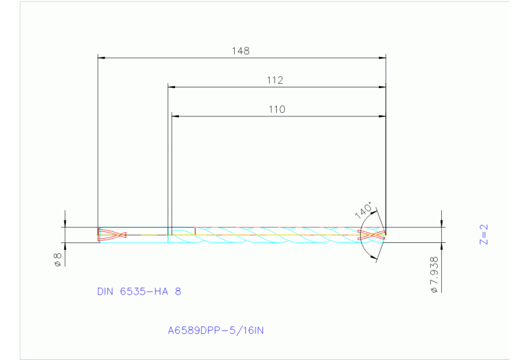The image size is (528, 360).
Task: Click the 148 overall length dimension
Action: [x=240, y=51]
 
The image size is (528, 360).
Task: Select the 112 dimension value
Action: [x=275, y=81]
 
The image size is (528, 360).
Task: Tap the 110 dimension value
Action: [x=277, y=109]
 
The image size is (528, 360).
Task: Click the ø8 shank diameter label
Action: [x=59, y=261]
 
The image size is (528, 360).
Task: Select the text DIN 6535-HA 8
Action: [x=139, y=291]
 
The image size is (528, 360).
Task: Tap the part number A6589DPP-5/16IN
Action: [x=215, y=330]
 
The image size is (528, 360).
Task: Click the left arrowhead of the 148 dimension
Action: [x=102, y=58]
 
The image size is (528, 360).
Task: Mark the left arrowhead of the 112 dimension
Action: [x=172, y=87]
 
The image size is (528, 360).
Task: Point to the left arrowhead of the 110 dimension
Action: [x=175, y=116]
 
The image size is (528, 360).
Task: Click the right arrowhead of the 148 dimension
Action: [x=382, y=58]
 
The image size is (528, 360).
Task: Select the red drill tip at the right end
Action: [x=372, y=235]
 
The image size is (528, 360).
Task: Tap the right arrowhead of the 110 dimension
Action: [x=382, y=116]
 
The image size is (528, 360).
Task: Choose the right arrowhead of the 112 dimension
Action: [x=382, y=87]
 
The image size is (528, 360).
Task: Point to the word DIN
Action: [x=105, y=291]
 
